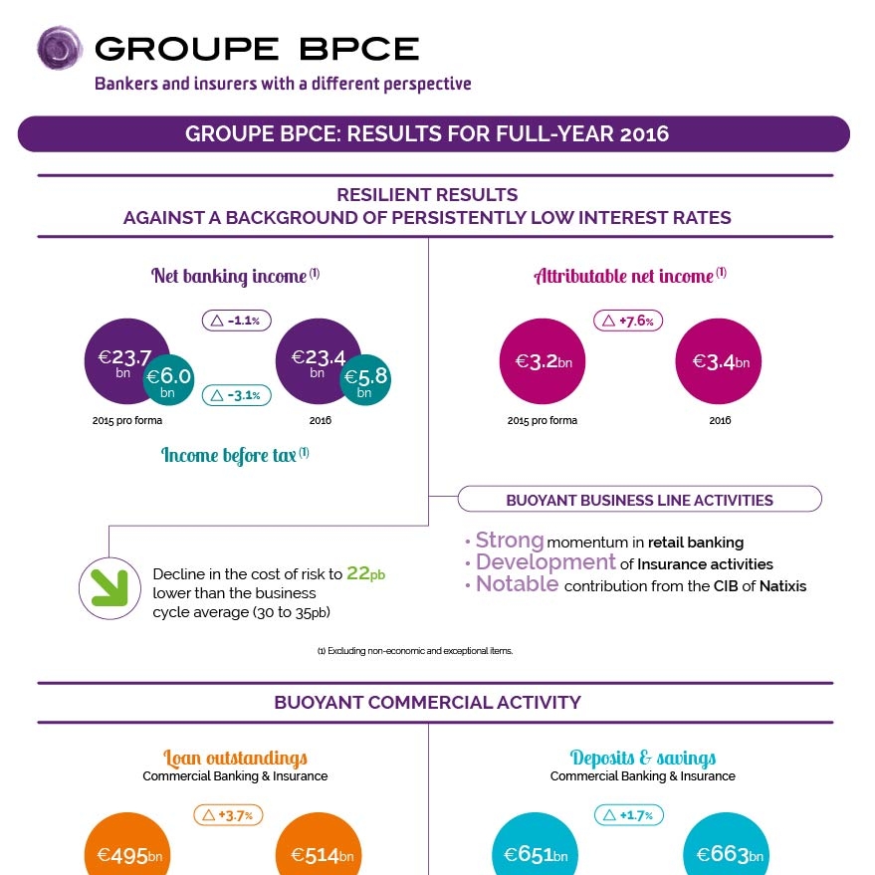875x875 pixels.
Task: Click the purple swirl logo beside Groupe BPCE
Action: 59,49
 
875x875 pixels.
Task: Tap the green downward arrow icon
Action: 108,587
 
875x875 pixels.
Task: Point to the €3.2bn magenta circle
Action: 542,362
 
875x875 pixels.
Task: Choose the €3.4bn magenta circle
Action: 719,362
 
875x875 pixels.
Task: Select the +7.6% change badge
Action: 629,321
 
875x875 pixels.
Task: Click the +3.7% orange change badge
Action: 228,815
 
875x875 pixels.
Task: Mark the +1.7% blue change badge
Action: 629,815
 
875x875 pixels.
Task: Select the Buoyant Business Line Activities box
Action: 639,500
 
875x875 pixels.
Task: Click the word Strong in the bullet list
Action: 510,541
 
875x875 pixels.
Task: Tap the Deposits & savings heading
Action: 642,758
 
